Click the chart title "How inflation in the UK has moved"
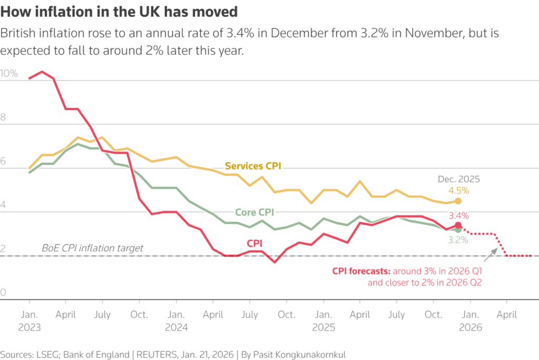119,11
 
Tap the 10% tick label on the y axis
9,74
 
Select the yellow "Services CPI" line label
253,166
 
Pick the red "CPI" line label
255,243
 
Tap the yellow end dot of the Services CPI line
458,201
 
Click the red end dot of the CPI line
458,225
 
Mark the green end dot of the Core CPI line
458,230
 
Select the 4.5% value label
458,191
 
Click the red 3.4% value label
458,215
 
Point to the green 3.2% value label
458,241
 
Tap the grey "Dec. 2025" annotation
458,179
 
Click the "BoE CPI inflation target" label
92,248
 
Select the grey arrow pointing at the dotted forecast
491,255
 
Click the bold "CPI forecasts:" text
361,271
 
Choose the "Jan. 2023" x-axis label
29,320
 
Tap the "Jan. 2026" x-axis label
470,320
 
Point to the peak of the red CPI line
42,72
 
